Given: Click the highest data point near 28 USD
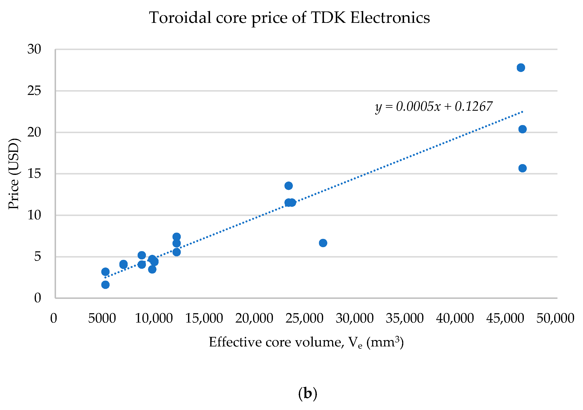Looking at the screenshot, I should click(x=521, y=68).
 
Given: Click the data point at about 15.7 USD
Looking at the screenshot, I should click(x=523, y=168).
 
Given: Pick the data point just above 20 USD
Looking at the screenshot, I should click(x=523, y=129).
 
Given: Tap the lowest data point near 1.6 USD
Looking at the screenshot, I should click(x=105, y=285).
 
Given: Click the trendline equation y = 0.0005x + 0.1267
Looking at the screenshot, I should click(x=434, y=106).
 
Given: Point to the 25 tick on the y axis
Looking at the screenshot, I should click(x=34, y=91).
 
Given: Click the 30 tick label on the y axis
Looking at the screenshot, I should click(x=34, y=49).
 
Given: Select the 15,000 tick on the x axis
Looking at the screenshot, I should click(x=204, y=318).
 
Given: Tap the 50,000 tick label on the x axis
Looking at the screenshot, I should click(x=555, y=318).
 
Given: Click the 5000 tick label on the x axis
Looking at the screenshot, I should click(x=102, y=318).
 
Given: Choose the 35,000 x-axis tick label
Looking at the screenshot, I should click(x=405, y=318).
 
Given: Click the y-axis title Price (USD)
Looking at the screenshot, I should click(x=13, y=174).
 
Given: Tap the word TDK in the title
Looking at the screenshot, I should click(x=328, y=18).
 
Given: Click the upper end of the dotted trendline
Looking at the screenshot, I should click(x=522, y=112).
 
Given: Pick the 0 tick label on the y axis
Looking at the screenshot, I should click(x=38, y=298).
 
